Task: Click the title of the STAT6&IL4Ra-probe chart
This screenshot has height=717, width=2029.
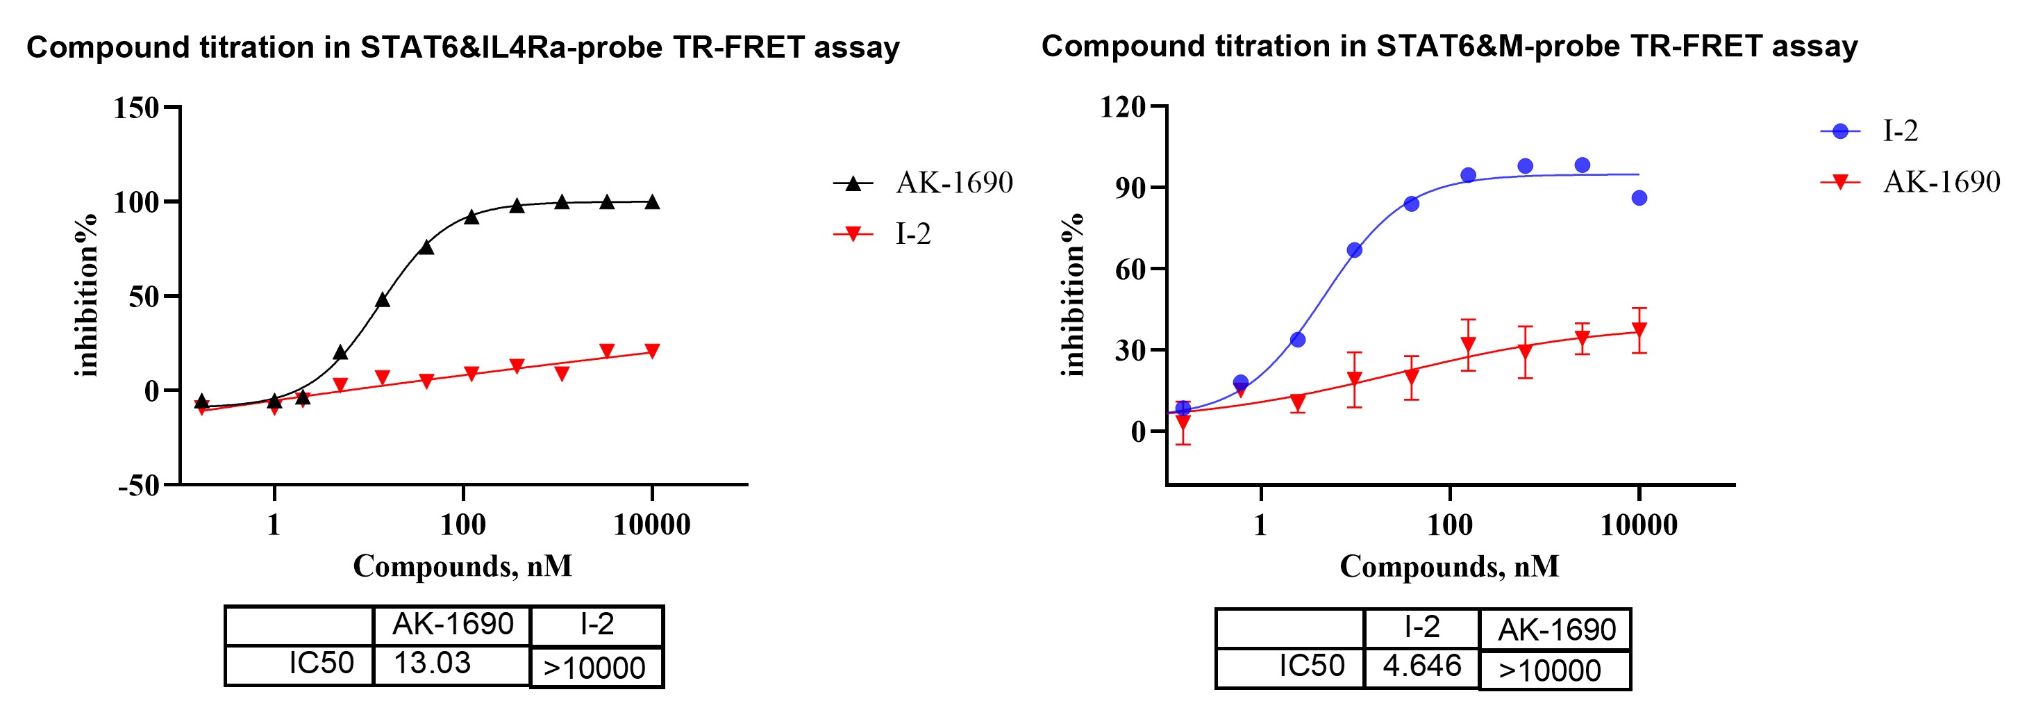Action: pyautogui.click(x=462, y=48)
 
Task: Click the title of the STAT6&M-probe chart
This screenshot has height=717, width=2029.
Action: pyautogui.click(x=1448, y=47)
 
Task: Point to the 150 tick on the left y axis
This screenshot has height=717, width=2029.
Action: pyautogui.click(x=136, y=107)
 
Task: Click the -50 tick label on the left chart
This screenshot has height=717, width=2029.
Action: pyautogui.click(x=139, y=486)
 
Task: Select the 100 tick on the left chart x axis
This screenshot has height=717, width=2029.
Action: pyautogui.click(x=463, y=525)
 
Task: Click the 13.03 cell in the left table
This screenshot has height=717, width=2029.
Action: pyautogui.click(x=433, y=664)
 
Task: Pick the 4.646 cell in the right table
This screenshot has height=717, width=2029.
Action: pyautogui.click(x=1421, y=666)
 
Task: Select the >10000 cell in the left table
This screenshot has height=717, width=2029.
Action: pyautogui.click(x=594, y=668)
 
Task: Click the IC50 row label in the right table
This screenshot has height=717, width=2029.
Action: pyautogui.click(x=1312, y=666)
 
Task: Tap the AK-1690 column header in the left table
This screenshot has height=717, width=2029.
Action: pyautogui.click(x=453, y=625)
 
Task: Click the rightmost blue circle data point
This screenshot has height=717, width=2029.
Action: pyautogui.click(x=1639, y=198)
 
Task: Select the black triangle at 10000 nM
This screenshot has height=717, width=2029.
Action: pyautogui.click(x=652, y=202)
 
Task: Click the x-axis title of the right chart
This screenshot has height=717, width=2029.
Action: pyautogui.click(x=1449, y=566)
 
